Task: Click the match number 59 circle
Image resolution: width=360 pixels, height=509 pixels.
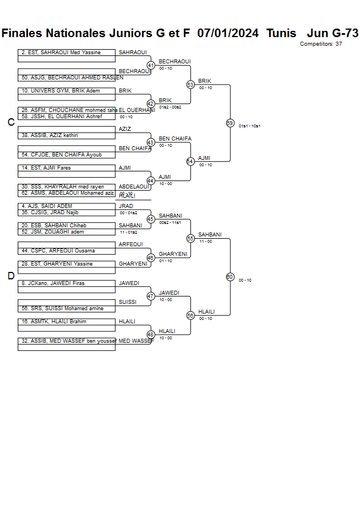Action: [230, 123]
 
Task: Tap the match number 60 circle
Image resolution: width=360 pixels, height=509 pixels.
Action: [230, 276]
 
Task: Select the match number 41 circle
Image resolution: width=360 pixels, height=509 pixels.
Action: [151, 65]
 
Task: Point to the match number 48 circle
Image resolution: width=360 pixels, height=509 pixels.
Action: [151, 334]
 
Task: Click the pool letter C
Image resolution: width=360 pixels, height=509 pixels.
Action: [11, 122]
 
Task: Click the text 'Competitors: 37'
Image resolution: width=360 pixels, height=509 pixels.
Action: [321, 44]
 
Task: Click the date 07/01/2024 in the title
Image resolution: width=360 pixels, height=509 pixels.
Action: [227, 33]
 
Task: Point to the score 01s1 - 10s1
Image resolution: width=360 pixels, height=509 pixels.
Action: [250, 126]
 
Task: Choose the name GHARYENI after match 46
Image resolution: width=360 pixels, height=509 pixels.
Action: [173, 254]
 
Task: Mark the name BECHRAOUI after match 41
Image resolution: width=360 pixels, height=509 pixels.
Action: [174, 62]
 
